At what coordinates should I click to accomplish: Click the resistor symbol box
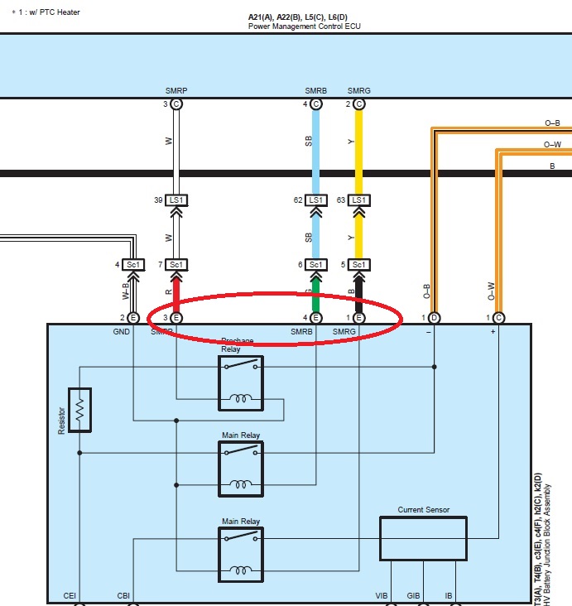coord(80,409)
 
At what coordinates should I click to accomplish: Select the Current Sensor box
coord(422,538)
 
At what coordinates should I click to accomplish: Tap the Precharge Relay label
coord(241,345)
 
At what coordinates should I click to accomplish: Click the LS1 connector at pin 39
coord(175,200)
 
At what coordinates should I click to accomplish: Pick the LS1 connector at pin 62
coord(315,200)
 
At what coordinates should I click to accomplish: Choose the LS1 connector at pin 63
coord(358,200)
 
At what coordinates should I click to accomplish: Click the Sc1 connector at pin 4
coord(133,265)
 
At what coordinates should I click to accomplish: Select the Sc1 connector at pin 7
coord(175,265)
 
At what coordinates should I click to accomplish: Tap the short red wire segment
coord(175,291)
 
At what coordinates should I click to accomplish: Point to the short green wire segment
coord(315,291)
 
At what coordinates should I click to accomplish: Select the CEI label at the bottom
coord(71,595)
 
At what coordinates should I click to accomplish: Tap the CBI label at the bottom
coord(123,595)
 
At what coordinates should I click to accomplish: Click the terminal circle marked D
coord(434,318)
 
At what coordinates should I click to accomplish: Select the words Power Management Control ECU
coord(304,26)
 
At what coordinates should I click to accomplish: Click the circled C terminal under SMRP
coord(176,104)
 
